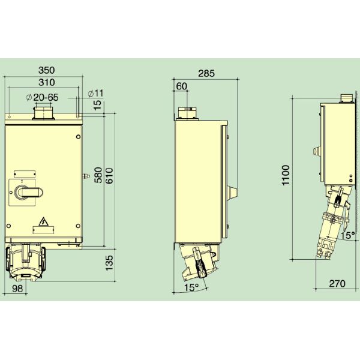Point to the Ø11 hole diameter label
pos(95,94)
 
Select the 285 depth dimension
pos(206,74)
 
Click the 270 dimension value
pos(337,284)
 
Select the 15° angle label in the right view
pos(349,235)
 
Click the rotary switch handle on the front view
pos(26,192)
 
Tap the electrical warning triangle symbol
pos(43,223)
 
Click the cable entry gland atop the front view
pos(43,112)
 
